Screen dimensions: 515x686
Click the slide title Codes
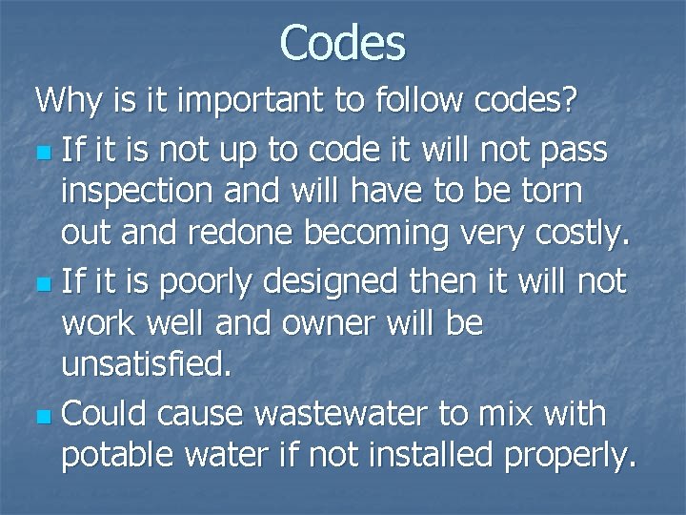(x=343, y=43)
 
